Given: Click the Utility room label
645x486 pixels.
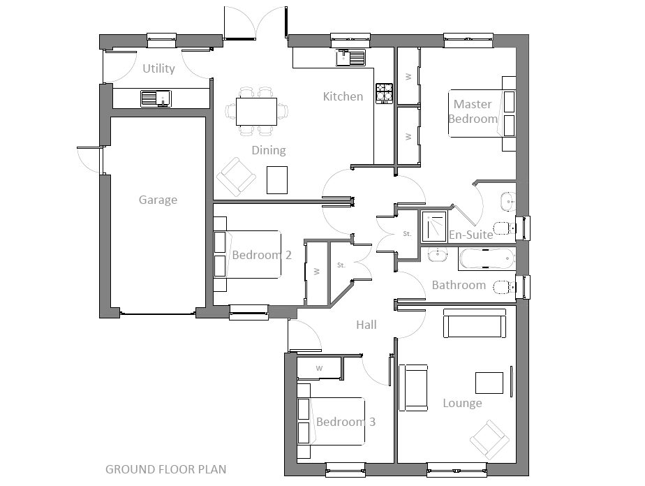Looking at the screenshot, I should click(x=158, y=68).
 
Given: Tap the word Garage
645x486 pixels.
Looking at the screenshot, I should click(x=158, y=200).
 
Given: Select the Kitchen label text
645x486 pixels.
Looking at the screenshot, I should click(x=343, y=96).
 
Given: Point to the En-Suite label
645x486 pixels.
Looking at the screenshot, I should click(x=470, y=235).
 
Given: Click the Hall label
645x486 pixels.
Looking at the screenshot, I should click(x=366, y=325).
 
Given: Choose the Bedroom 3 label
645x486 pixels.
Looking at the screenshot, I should click(x=346, y=422).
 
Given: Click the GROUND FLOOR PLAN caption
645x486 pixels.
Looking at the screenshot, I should click(x=165, y=469).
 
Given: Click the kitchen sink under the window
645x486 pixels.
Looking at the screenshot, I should click(x=352, y=58).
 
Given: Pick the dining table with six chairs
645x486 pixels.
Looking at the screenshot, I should click(x=256, y=111).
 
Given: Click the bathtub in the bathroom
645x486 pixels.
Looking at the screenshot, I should click(x=487, y=259).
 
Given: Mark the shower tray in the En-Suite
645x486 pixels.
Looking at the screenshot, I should click(x=436, y=224).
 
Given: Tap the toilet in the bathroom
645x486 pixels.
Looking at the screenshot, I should click(x=502, y=287).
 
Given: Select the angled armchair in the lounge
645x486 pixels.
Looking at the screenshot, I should click(x=490, y=438).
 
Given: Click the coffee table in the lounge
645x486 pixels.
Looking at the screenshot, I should click(x=489, y=383).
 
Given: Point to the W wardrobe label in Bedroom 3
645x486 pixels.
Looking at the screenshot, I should click(x=319, y=367).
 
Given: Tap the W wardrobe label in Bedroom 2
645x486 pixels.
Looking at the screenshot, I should click(x=316, y=271).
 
